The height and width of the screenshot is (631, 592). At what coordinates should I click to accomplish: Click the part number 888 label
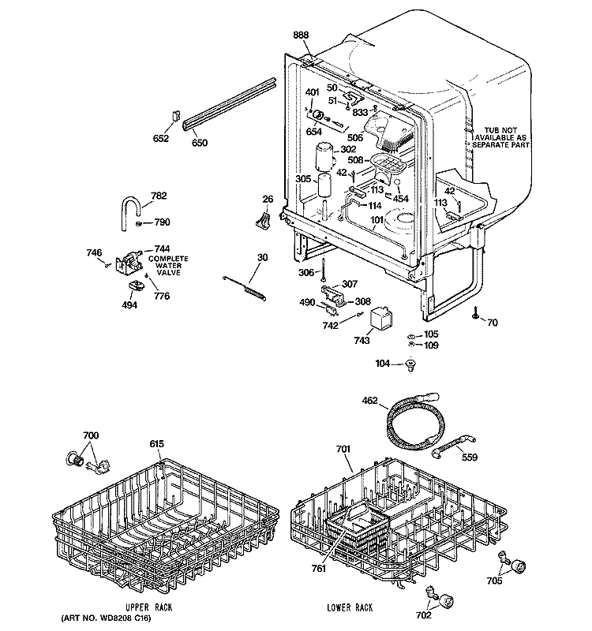(301, 35)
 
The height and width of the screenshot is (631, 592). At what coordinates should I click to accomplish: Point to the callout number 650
(200, 143)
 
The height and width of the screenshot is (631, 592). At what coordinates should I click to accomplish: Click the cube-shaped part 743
(384, 319)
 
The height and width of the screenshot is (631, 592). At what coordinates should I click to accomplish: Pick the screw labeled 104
(410, 364)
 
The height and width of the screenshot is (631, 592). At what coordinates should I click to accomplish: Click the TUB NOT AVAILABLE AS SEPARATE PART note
(505, 139)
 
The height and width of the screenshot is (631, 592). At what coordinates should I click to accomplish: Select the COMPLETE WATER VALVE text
(166, 267)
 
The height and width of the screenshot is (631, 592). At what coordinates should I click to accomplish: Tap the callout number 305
(303, 179)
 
